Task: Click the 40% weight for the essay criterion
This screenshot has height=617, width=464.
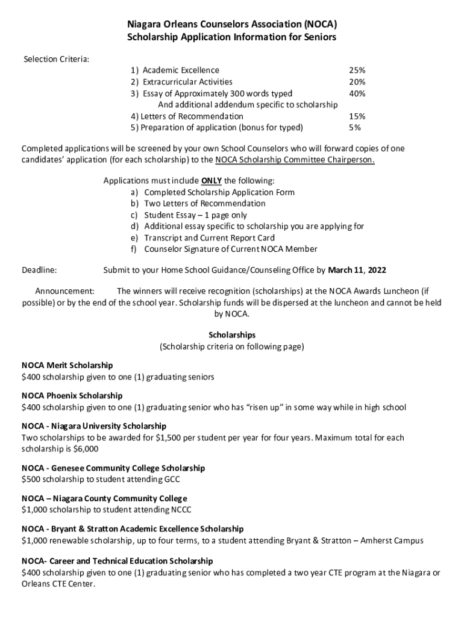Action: (357, 93)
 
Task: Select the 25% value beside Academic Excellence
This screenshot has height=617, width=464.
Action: (357, 70)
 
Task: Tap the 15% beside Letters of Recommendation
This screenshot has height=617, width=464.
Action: (357, 116)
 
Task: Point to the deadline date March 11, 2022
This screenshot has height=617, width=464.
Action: (357, 269)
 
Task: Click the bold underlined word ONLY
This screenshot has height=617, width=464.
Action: (212, 181)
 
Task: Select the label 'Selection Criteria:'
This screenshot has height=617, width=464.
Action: (56, 59)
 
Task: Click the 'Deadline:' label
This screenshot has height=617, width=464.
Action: (39, 269)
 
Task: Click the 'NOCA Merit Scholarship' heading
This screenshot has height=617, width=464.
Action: (67, 365)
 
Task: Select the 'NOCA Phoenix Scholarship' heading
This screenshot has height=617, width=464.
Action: (72, 395)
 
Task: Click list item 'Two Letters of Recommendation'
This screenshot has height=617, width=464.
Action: (204, 204)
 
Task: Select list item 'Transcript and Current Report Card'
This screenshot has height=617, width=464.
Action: (209, 238)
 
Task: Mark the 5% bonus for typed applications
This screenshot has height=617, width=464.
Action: (355, 128)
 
